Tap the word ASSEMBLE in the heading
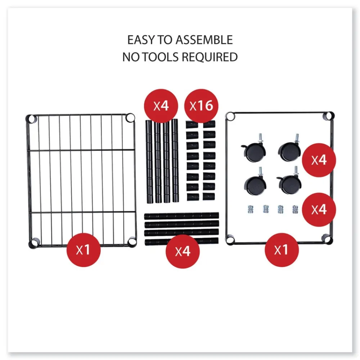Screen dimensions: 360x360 click(204, 40)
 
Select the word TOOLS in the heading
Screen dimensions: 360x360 click(161, 57)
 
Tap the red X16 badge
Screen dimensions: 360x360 click(201, 106)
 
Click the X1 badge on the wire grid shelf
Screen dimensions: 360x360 click(84, 250)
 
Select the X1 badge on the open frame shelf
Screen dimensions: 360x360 click(282, 250)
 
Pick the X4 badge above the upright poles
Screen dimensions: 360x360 click(161, 106)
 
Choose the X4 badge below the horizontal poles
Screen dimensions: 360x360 click(183, 251)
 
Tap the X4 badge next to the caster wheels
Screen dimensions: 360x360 click(319, 160)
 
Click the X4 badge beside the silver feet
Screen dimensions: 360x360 click(319, 210)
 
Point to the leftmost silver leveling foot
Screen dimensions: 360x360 click(251, 209)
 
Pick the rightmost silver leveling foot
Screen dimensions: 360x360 click(295, 209)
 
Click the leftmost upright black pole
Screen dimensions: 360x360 click(149, 161)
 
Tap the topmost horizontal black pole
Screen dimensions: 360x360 click(181, 216)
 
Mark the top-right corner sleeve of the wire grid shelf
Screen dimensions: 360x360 click(130, 118)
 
